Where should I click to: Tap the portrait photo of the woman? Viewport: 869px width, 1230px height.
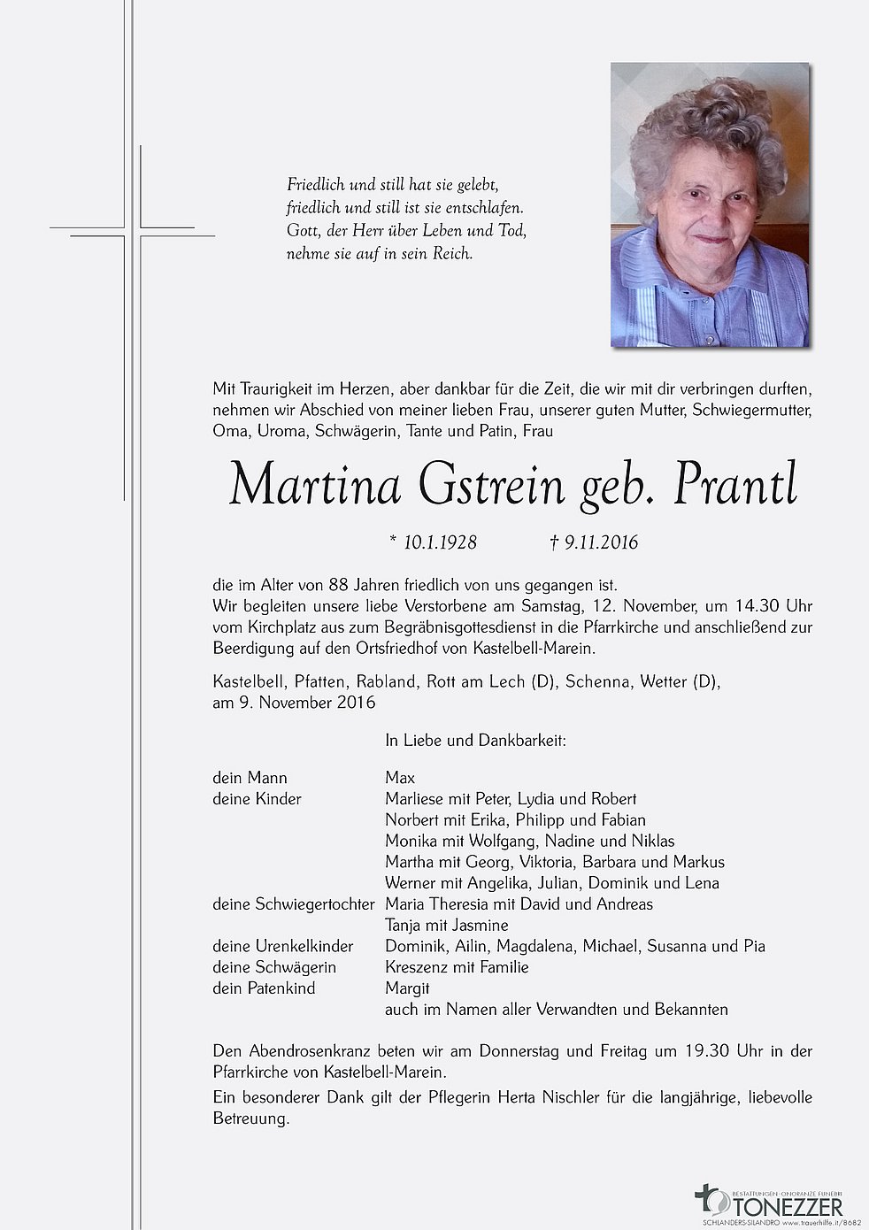710,204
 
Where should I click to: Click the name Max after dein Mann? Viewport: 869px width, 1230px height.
400,778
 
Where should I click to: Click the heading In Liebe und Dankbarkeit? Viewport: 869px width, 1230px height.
475,741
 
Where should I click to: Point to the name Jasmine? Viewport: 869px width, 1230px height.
479,925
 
